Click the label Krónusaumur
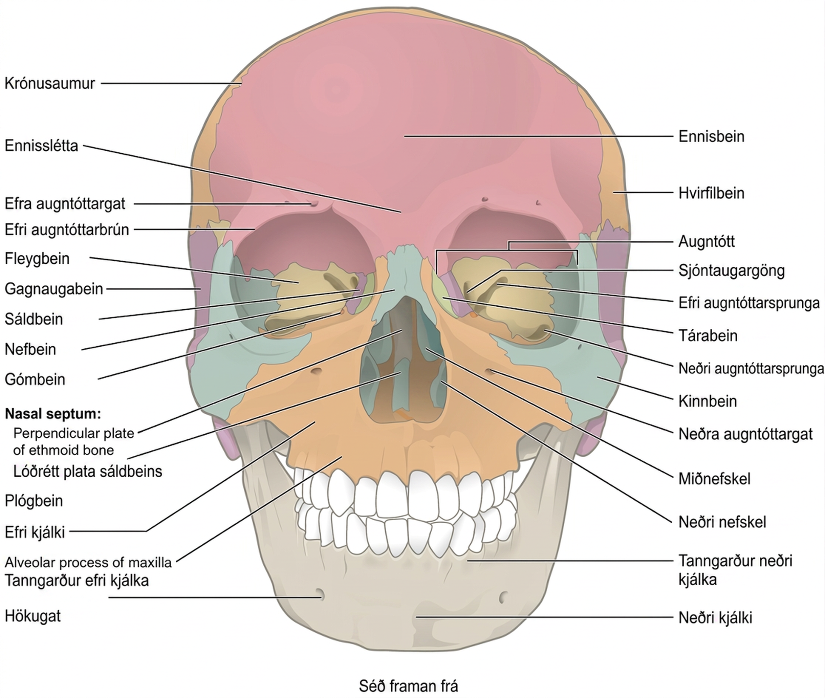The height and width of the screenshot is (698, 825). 50,84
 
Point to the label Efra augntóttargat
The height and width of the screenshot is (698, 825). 65,204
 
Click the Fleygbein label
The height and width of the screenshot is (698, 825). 37,258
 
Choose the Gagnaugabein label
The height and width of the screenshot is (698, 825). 54,289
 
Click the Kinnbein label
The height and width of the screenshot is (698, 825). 708,401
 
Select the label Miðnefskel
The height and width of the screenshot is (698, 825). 715,479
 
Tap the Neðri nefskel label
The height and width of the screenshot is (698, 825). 722,522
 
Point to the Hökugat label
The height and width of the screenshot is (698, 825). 33,616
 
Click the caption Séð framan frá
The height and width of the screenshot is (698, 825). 408,686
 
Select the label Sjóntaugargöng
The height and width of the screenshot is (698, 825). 732,271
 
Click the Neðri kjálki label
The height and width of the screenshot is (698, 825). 715,618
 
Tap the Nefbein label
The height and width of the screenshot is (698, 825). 30,349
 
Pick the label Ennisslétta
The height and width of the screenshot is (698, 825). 42,146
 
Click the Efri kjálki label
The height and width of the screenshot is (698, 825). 35,532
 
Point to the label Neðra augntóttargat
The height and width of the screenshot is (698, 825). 745,434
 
